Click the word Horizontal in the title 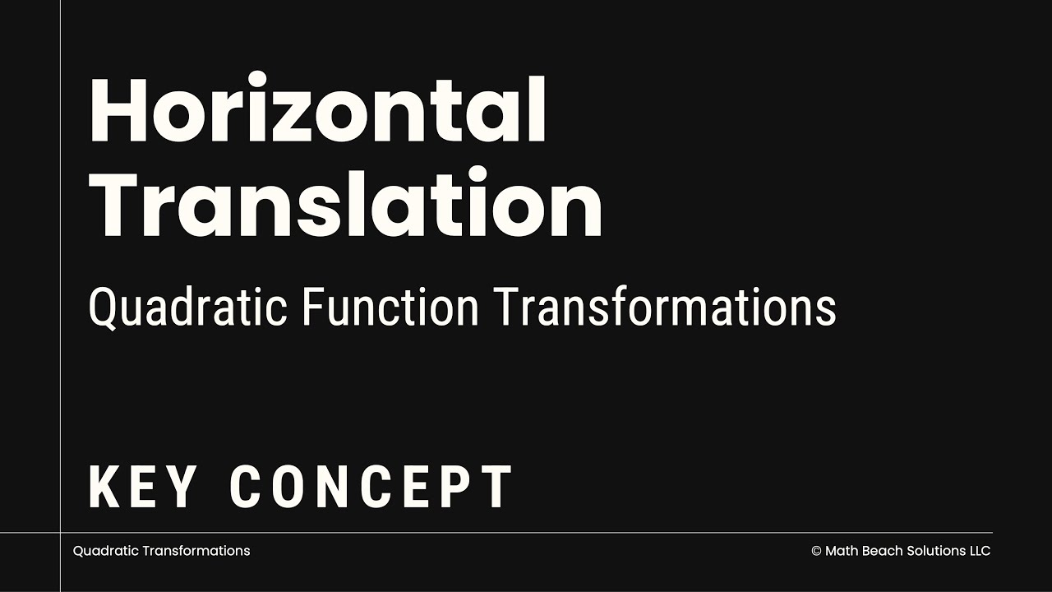pyautogui.click(x=317, y=111)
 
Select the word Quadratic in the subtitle pyautogui.click(x=188, y=308)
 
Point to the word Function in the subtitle pyautogui.click(x=390, y=308)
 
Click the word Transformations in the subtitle pyautogui.click(x=665, y=308)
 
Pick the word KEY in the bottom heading pyautogui.click(x=143, y=487)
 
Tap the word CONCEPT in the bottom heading pyautogui.click(x=371, y=487)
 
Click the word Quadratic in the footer pyautogui.click(x=105, y=551)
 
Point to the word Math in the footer pyautogui.click(x=841, y=551)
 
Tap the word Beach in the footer pyautogui.click(x=881, y=551)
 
